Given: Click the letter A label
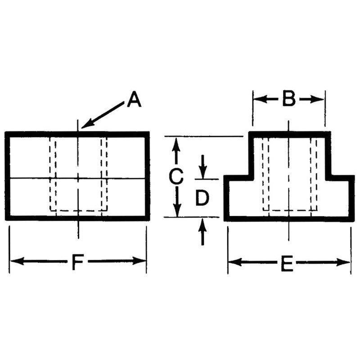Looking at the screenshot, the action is point(134,99).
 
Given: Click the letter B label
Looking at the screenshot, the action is point(289,99).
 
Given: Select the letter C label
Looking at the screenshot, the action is point(176,176).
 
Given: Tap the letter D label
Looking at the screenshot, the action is point(202,198).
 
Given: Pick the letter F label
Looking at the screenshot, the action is point(77,262).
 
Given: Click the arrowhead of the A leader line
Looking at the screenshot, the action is point(87,124).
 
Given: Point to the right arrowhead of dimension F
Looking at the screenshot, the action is point(139,261).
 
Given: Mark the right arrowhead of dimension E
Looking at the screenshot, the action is point(343,262).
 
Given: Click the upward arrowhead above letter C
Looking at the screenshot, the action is point(176,144).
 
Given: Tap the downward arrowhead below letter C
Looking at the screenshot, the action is point(177,210).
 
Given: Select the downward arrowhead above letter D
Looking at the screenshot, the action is point(202,172).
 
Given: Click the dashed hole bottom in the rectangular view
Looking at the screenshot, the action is point(78,211).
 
